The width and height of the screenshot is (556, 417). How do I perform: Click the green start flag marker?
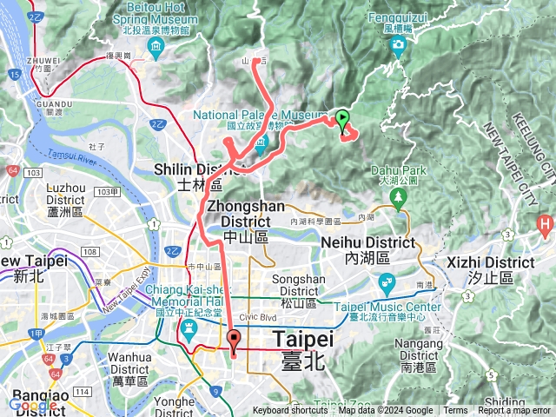tap(343, 119)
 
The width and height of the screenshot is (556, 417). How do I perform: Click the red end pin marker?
tap(234, 341)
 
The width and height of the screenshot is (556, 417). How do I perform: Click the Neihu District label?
tap(366, 249)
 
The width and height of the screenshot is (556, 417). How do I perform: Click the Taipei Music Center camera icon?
tap(386, 282)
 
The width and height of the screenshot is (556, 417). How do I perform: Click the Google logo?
tap(34, 405)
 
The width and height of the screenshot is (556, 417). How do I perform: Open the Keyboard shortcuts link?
tap(291, 411)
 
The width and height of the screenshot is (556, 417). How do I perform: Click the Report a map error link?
tap(515, 411)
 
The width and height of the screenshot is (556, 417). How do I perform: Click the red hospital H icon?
tap(545, 227)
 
